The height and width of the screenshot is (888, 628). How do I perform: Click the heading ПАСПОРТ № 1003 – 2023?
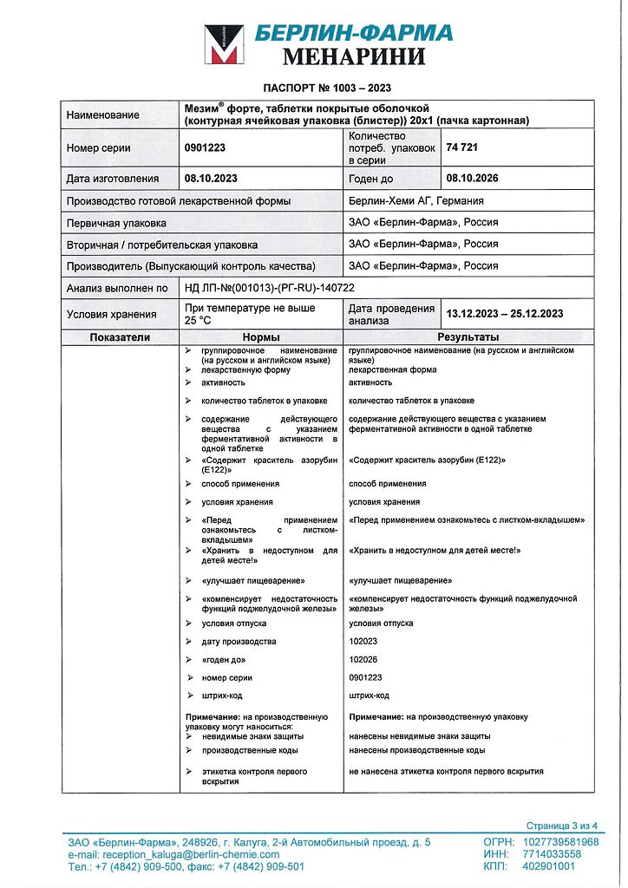pyautogui.click(x=327, y=88)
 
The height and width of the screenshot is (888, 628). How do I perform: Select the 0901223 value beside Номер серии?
pyautogui.click(x=206, y=148)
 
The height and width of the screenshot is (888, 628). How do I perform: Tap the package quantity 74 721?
pyautogui.click(x=462, y=147)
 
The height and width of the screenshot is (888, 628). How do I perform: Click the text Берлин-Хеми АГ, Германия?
pyautogui.click(x=415, y=200)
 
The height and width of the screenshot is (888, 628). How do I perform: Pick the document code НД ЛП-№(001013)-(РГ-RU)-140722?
pyautogui.click(x=270, y=288)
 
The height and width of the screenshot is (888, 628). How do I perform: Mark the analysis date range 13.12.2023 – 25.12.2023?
pyautogui.click(x=505, y=313)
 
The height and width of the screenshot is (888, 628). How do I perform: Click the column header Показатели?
pyautogui.click(x=120, y=336)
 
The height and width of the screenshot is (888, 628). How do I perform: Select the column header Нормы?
pyautogui.click(x=260, y=336)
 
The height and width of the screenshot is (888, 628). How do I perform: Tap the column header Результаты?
pyautogui.click(x=468, y=336)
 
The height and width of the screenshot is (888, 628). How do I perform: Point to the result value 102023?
pyautogui.click(x=364, y=642)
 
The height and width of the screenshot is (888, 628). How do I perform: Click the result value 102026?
pyautogui.click(x=364, y=660)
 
